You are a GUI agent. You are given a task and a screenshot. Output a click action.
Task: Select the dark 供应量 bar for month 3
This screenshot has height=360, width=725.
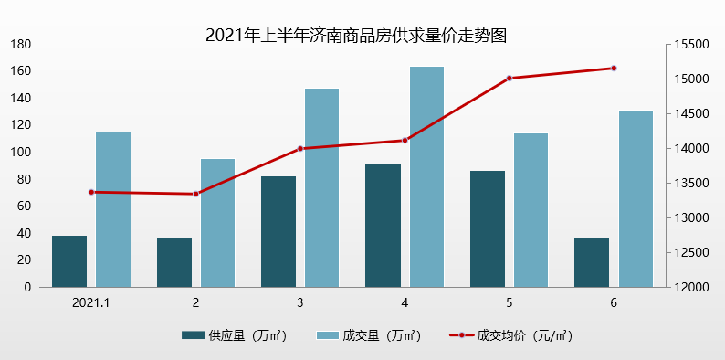[x=278, y=231]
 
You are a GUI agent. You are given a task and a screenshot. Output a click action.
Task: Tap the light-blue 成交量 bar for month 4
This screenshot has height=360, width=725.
[x=426, y=176]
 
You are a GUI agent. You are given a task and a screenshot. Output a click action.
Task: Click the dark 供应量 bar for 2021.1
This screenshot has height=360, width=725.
[x=69, y=261]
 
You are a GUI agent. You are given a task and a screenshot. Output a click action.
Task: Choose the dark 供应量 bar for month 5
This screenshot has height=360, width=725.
[x=488, y=228]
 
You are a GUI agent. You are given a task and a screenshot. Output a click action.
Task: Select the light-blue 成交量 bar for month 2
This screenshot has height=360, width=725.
[x=217, y=223]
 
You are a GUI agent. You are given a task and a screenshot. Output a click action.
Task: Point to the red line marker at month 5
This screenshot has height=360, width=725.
[x=510, y=78]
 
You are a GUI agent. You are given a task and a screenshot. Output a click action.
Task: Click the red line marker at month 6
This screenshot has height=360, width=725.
[x=614, y=68]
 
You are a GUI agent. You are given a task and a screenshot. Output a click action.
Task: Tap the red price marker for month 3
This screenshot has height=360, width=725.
[x=300, y=148]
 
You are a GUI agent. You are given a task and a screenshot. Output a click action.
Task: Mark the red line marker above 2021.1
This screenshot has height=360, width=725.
[x=91, y=192]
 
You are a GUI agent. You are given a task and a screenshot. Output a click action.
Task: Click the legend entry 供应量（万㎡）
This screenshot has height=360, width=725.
[x=235, y=335]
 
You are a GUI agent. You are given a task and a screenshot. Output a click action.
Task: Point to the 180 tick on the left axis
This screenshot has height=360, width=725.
[x=21, y=44]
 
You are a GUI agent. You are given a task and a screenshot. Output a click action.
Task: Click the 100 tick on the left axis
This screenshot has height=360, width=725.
[x=21, y=152]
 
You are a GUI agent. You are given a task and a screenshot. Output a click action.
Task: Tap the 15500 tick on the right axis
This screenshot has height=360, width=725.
[x=692, y=44]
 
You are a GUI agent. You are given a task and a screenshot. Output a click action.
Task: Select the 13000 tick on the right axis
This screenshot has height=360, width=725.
[x=692, y=217]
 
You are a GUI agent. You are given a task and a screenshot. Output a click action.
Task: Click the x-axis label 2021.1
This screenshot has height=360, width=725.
[x=91, y=302]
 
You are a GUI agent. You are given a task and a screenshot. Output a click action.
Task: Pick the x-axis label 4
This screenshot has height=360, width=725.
[x=405, y=302]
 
